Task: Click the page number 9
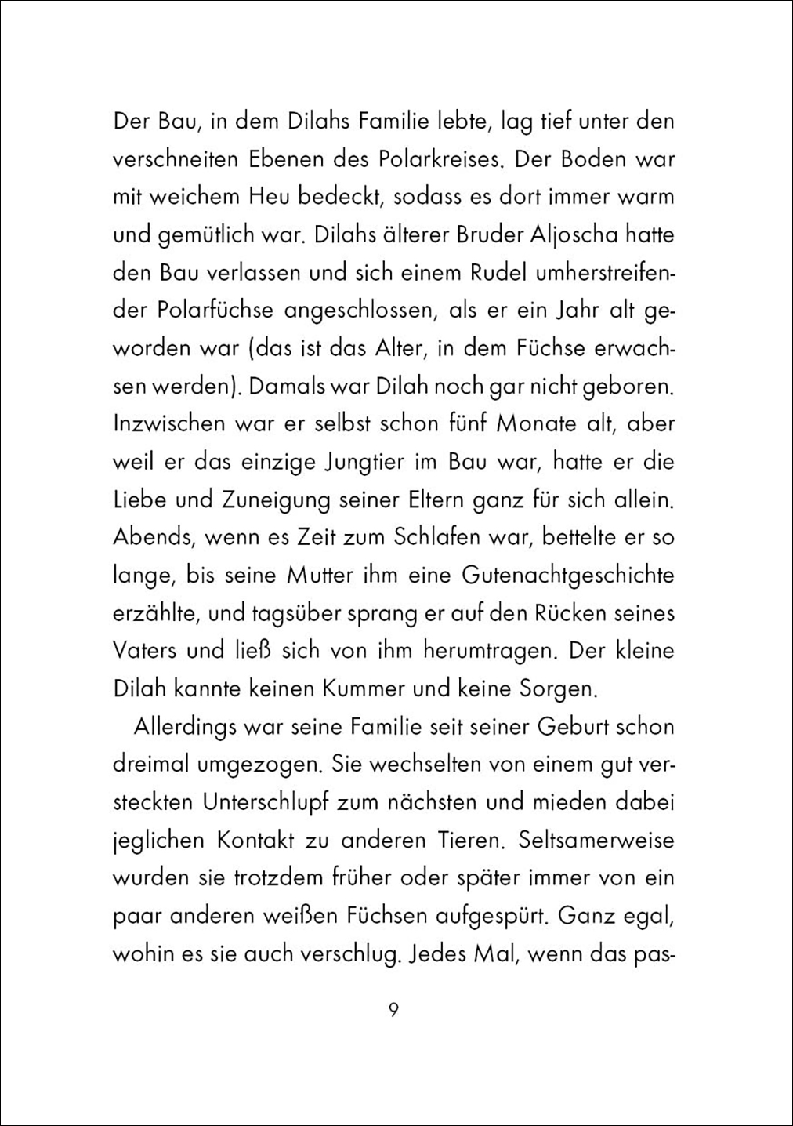pos(394,1009)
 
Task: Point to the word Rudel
pos(480,272)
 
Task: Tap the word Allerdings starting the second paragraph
pos(184,726)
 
